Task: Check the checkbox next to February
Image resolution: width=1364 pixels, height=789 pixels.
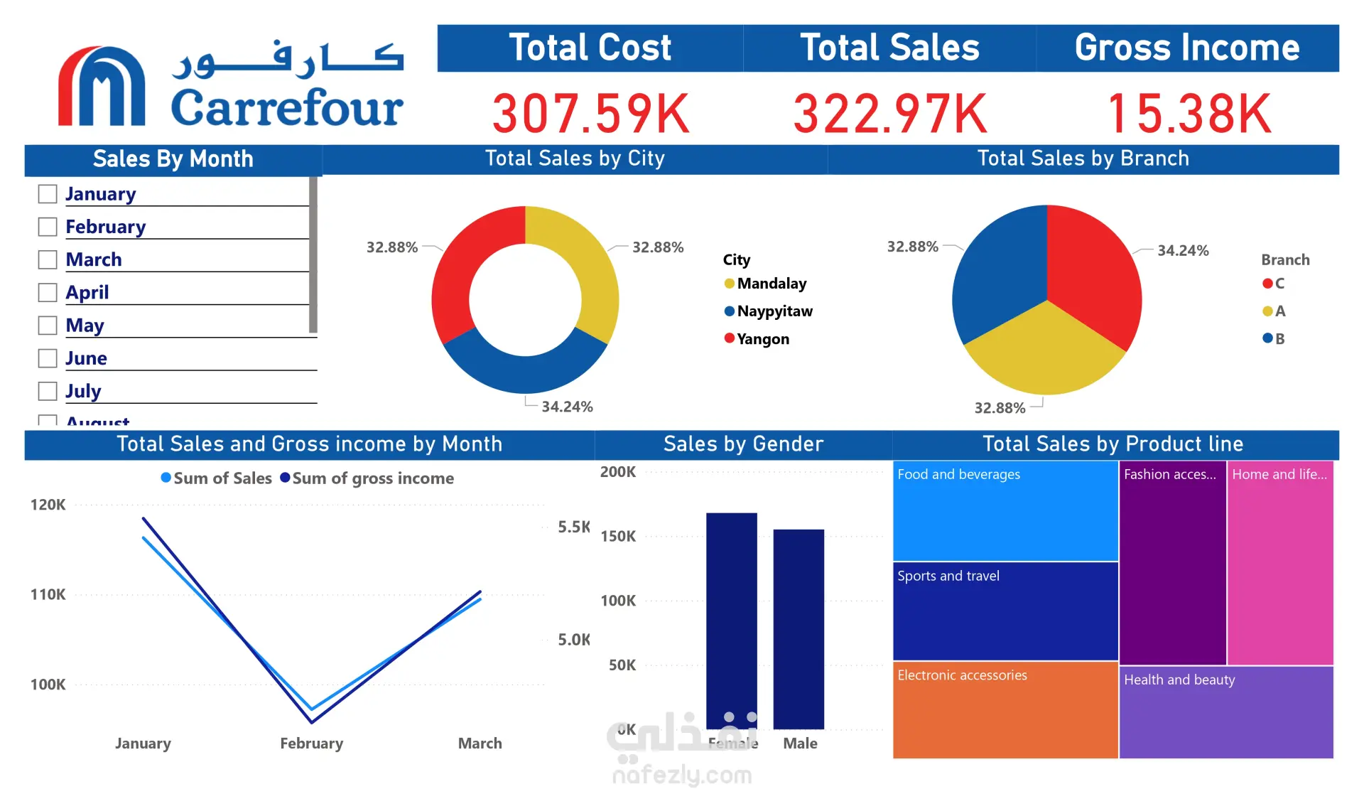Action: point(48,227)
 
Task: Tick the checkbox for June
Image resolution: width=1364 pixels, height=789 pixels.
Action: point(48,358)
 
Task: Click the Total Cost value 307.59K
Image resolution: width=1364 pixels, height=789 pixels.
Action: point(590,114)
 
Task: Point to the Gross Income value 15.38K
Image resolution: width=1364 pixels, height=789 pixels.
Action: point(1189,114)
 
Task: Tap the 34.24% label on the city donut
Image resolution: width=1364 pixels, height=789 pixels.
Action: point(567,407)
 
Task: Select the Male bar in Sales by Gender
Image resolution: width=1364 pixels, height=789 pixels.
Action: point(799,629)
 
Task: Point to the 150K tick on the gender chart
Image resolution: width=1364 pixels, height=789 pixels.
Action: point(618,537)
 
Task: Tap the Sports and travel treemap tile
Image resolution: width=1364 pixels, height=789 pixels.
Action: point(1005,611)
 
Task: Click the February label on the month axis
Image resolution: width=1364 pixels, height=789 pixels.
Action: point(311,744)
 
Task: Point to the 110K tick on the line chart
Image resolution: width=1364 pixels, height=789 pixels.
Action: point(48,595)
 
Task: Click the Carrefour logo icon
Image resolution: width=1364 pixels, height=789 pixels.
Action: point(102,87)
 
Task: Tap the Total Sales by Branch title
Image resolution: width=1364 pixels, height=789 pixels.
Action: point(1083,159)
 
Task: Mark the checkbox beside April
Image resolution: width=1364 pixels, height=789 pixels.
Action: point(48,293)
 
